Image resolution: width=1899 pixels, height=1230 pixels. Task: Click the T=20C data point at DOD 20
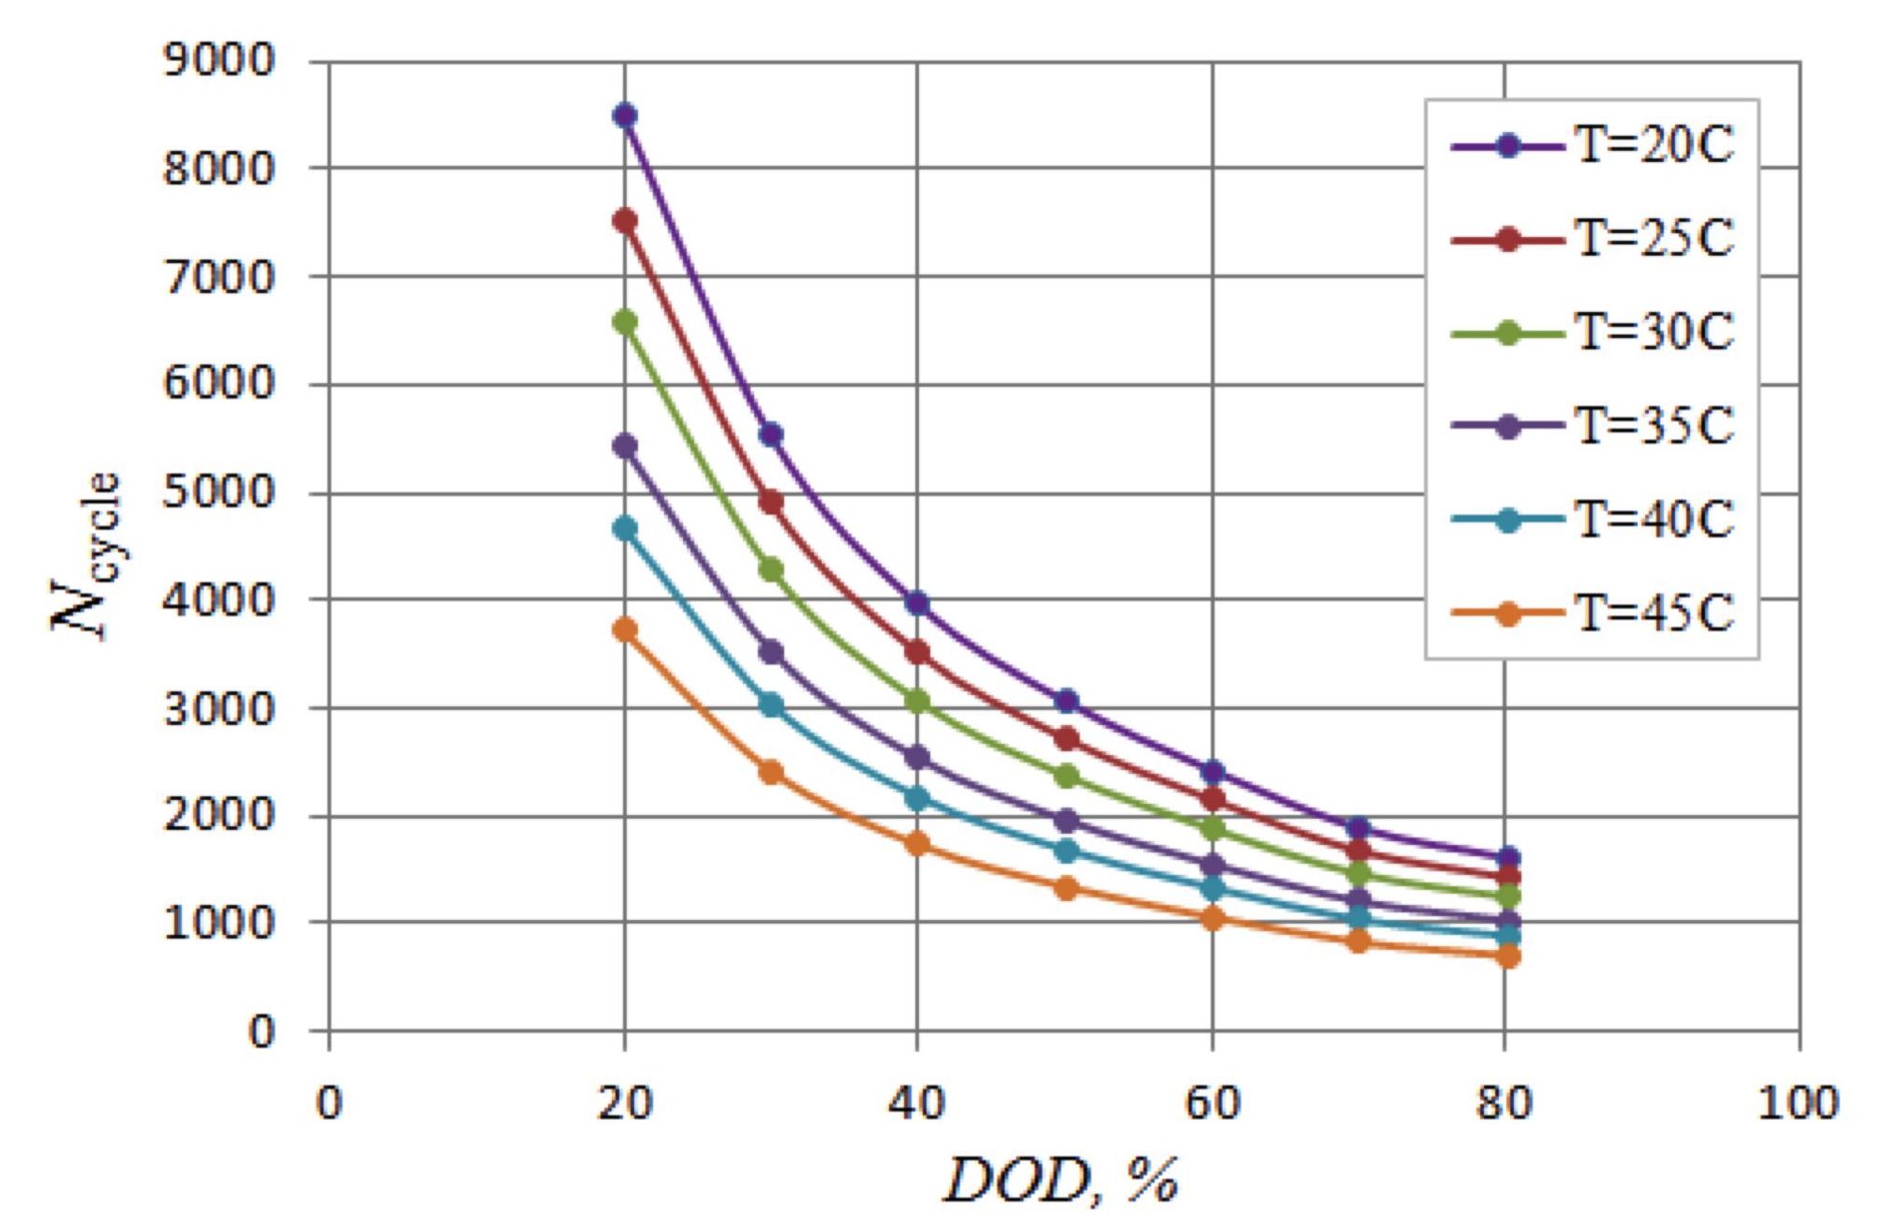(x=625, y=116)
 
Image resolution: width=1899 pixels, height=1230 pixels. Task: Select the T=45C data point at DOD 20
(x=625, y=630)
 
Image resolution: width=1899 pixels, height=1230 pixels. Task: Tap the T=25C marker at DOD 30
(x=771, y=502)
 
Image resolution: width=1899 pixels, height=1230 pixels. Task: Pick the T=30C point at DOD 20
(x=625, y=322)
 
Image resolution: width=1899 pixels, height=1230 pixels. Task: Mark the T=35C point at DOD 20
(x=625, y=446)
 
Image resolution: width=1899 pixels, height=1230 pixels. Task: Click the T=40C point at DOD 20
(x=625, y=528)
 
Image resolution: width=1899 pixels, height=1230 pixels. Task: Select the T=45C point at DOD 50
(x=1066, y=888)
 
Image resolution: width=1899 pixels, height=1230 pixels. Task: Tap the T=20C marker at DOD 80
(x=1507, y=857)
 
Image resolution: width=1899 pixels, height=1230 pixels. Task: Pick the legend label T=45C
(x=1654, y=615)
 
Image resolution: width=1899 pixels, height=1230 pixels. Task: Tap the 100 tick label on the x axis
(x=1798, y=1104)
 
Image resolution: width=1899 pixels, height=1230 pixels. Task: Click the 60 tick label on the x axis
(x=1212, y=1104)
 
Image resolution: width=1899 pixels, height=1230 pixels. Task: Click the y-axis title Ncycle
(x=86, y=556)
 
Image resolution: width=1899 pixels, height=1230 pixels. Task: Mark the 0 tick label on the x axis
(x=329, y=1104)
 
